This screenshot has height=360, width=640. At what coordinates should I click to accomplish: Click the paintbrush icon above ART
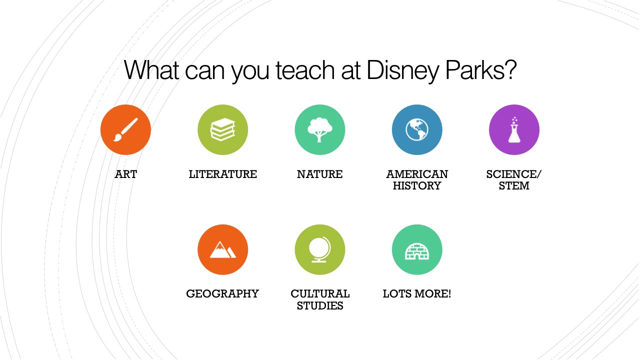125,129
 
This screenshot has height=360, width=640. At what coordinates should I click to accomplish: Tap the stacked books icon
222,129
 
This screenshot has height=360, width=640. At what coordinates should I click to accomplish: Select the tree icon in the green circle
319,129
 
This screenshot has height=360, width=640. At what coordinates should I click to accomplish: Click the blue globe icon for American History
416,129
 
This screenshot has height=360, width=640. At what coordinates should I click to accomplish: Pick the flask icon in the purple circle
514,129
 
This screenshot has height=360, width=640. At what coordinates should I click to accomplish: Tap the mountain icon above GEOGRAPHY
222,249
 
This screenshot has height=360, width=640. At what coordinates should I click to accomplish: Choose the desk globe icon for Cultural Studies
319,249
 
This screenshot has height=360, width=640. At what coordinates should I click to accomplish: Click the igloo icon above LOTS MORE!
416,249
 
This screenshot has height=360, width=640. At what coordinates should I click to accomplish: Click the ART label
125,174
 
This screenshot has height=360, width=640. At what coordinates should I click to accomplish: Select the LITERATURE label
222,174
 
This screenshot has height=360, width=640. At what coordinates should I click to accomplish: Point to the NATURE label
319,174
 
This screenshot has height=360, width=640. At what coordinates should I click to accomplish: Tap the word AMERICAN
416,174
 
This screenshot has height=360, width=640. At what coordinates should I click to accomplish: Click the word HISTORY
416,186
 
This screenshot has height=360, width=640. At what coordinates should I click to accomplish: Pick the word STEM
514,186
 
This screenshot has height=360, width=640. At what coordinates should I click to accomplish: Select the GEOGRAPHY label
222,294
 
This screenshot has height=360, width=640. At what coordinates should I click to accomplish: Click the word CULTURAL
320,294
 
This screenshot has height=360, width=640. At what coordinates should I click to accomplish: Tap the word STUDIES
320,306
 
